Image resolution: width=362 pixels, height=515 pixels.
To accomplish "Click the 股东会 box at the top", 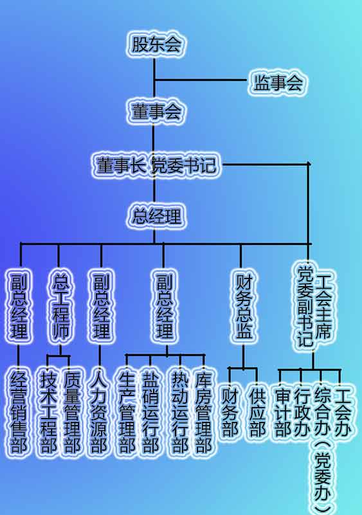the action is [x=156, y=44].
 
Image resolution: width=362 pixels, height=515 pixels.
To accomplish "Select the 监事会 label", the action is [x=278, y=82].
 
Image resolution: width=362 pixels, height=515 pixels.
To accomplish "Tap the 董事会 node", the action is [x=156, y=111].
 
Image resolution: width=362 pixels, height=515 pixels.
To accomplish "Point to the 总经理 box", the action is [x=156, y=217].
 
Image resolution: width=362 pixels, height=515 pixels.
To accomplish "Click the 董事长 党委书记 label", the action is [x=156, y=165].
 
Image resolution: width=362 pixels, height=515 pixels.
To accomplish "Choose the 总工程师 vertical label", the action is [x=61, y=306].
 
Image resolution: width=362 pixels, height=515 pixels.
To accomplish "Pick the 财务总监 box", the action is [x=244, y=306].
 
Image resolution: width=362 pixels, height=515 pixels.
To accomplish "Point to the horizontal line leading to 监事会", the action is [x=201, y=80].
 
